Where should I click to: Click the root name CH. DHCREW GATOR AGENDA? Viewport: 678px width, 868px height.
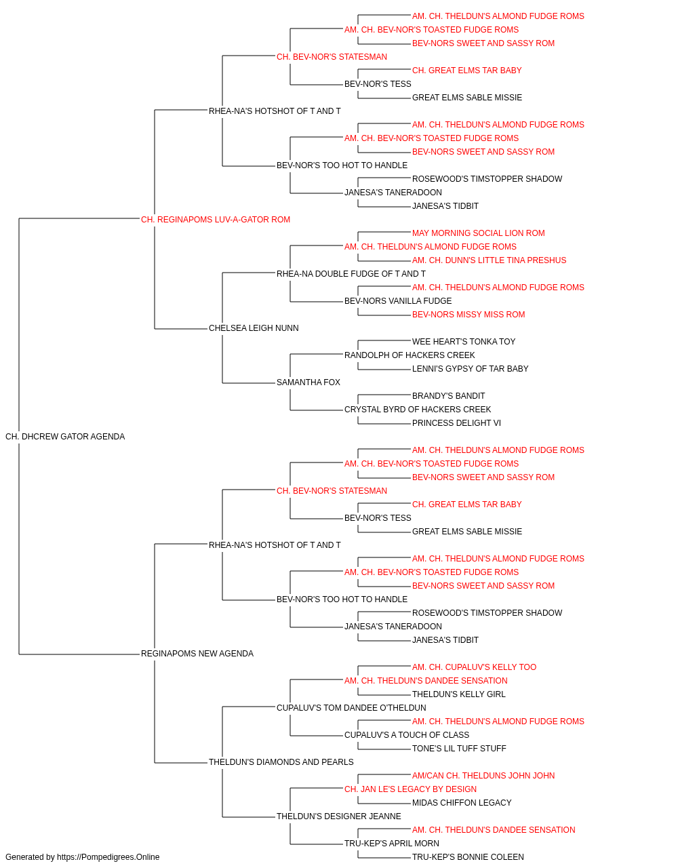point(65,437)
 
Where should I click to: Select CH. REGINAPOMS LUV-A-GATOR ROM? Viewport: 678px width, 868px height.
point(216,220)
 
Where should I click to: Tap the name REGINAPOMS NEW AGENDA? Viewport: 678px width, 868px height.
point(197,654)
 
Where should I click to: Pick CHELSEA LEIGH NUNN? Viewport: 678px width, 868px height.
point(254,328)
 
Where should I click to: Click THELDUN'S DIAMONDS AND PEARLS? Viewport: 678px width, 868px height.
point(281,762)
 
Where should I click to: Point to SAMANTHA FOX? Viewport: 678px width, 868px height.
point(308,382)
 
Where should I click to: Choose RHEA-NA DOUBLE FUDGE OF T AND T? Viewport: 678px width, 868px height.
point(351,273)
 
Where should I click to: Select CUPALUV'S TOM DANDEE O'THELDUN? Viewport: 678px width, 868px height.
point(351,708)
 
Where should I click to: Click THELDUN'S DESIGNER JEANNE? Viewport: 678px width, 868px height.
point(338,816)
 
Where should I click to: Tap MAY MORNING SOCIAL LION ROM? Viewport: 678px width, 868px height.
point(479,233)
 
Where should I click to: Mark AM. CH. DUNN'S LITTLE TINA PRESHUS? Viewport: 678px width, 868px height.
point(489,260)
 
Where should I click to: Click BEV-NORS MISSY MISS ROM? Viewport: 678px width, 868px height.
point(468,315)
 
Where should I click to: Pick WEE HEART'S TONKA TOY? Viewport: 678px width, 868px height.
point(464,342)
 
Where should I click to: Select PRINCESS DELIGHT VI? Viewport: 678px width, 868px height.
point(456,423)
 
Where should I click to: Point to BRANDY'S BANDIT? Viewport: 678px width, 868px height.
point(448,396)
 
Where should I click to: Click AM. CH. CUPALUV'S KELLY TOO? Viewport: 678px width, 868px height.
point(475,667)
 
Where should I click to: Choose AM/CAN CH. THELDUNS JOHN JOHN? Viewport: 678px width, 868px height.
point(483,776)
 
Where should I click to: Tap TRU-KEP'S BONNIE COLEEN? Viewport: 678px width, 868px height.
point(468,857)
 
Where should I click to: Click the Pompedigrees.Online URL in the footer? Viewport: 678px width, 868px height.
point(108,857)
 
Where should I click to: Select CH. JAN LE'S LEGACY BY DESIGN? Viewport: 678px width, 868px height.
point(410,789)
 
